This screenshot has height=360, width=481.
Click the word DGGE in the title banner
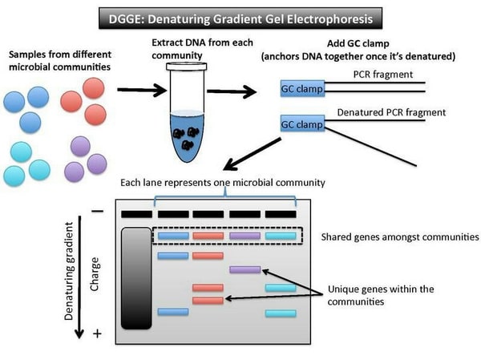tap(126, 19)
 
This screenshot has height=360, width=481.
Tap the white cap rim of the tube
tap(187, 67)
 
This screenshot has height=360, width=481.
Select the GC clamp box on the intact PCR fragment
tap(302, 88)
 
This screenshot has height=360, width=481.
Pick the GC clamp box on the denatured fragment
tap(302, 123)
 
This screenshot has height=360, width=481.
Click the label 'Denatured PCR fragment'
tap(391, 112)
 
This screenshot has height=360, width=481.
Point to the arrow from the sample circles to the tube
tap(142, 90)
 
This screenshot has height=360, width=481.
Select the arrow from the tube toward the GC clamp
tap(232, 91)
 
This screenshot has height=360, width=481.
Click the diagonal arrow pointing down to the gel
tap(253, 154)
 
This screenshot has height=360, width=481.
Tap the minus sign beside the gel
tap(98, 211)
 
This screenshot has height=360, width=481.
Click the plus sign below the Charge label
tap(97, 334)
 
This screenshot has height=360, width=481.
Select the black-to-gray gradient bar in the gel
tap(136, 278)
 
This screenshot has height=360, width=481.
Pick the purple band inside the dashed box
tap(245, 236)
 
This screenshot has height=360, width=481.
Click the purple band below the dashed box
tap(245, 269)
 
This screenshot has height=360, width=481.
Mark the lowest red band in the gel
tap(208, 300)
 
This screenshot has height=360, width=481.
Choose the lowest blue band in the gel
tap(173, 312)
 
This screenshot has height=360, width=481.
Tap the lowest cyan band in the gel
tap(281, 313)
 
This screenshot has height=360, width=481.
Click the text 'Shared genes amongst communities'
tap(400, 237)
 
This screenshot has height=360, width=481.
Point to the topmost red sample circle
tap(93, 88)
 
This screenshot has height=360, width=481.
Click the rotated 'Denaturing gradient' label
tap(69, 271)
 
